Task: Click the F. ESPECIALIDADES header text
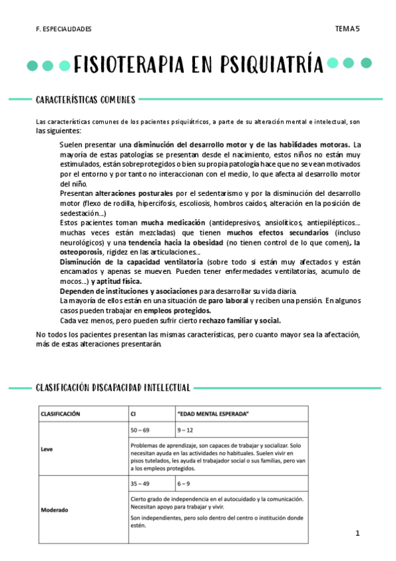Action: [64, 30]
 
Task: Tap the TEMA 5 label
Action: [347, 29]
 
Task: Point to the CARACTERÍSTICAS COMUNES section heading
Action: [85, 100]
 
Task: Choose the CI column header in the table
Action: [135, 414]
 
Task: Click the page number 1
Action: [356, 533]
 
